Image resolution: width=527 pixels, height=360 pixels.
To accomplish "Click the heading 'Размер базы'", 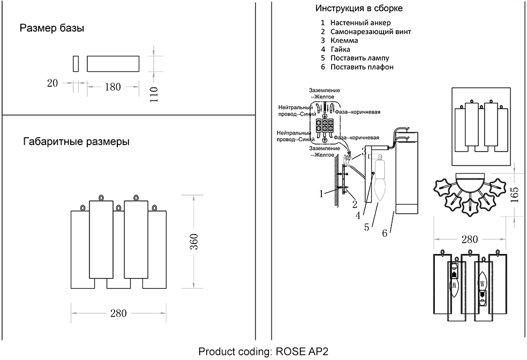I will point(52,28).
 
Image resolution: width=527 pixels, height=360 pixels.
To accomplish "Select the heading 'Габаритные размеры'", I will point(76,142).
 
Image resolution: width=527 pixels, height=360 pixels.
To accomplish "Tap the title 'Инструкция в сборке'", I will point(359,9).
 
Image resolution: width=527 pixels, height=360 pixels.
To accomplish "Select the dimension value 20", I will point(52,83).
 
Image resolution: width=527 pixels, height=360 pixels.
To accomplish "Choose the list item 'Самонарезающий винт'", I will point(371,32).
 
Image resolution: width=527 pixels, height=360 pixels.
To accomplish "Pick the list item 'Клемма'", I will point(344,41).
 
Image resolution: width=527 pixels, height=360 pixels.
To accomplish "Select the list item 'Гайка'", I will point(341,49).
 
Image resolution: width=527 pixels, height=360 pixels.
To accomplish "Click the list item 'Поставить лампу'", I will point(359,58).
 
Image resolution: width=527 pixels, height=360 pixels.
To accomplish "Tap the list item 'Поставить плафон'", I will point(362,67).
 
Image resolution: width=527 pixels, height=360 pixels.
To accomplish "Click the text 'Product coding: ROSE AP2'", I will point(262,352).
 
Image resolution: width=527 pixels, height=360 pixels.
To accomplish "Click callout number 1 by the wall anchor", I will point(322,194).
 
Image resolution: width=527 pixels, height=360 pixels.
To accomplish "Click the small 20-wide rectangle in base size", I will point(76,63).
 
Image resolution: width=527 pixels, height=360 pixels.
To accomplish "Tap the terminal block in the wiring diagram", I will point(325,125).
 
